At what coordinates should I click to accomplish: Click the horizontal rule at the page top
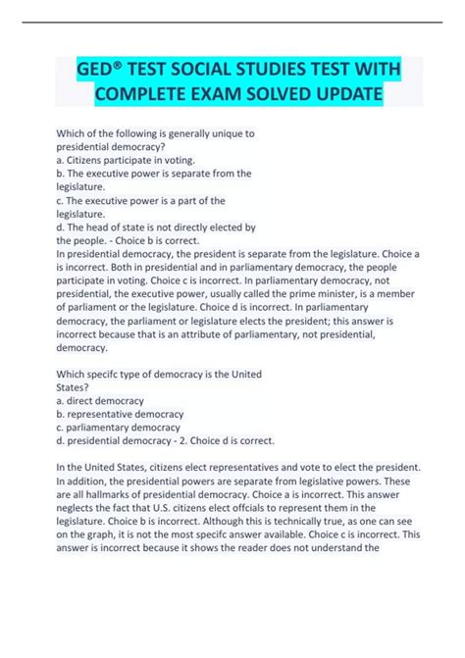[x=232, y=21]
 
